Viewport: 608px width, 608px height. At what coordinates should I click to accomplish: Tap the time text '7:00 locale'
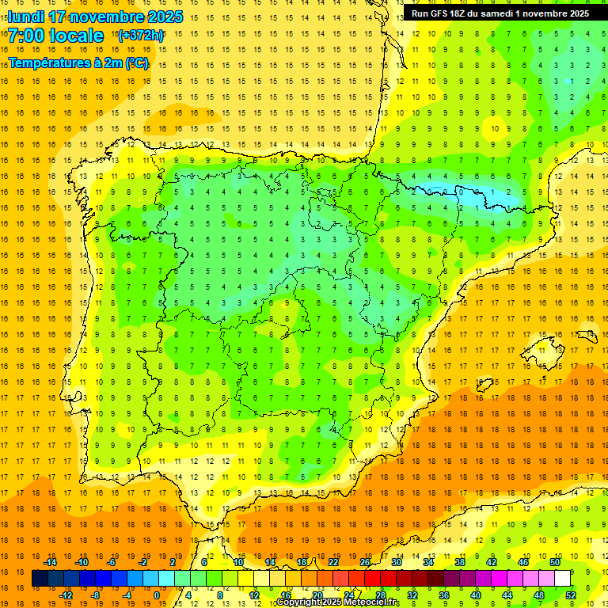(55, 36)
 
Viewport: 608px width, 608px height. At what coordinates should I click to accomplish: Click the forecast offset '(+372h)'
(140, 36)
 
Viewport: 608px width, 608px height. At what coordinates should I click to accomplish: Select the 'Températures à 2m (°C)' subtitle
(78, 63)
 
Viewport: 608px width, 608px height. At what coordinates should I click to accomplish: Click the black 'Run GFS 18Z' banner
(500, 13)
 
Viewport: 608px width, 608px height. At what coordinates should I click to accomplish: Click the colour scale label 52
(571, 595)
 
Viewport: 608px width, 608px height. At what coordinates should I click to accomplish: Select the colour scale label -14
(51, 562)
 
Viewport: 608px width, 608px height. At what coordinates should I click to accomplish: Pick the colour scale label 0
(156, 595)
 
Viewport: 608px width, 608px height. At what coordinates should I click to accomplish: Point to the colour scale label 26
(365, 562)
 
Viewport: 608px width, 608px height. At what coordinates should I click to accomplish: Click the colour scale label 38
(459, 562)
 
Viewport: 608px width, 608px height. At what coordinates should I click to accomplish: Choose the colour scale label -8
(94, 595)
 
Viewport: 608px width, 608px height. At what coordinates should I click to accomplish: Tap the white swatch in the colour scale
(562, 579)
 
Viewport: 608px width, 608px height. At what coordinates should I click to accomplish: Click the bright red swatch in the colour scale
(372, 579)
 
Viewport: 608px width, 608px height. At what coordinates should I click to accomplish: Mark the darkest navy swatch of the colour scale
(40, 579)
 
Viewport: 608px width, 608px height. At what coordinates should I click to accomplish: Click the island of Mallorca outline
(543, 346)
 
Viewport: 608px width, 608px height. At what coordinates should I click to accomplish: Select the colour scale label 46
(522, 562)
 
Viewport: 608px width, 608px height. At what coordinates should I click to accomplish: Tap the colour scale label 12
(254, 595)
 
